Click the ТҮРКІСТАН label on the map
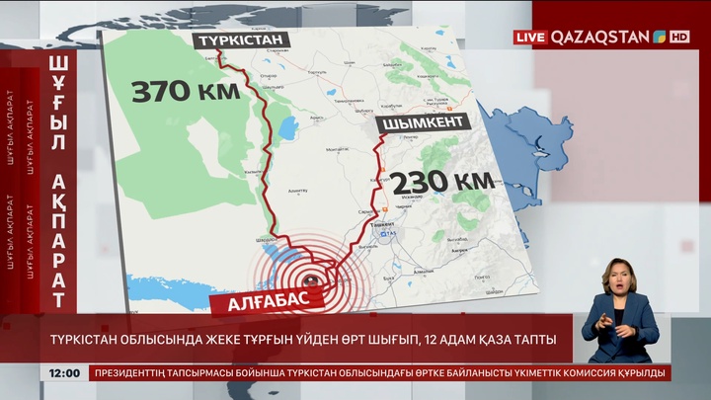(241, 40)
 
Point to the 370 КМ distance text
(186, 94)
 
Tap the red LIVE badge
(529, 37)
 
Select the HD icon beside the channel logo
(679, 37)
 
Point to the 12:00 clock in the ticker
(64, 372)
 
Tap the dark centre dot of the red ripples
(302, 264)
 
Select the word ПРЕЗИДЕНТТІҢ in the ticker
(140, 372)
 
